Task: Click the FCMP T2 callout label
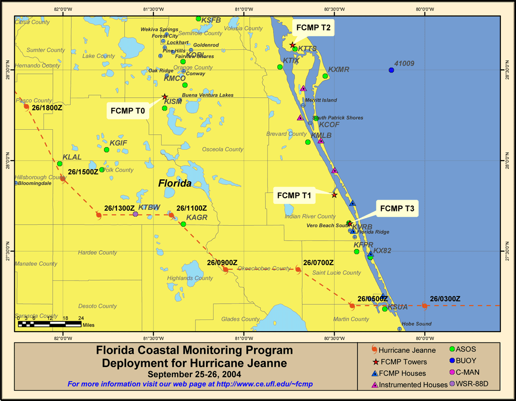coord(313,28)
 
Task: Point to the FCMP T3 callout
coord(397,209)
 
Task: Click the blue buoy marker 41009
coord(391,70)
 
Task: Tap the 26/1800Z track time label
coord(47,108)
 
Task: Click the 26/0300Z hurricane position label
coord(445,299)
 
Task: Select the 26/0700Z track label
coord(318,262)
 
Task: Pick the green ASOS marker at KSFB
coord(198,19)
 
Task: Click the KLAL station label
coord(72,157)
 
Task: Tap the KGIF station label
coord(118,142)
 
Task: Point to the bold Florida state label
coord(175,183)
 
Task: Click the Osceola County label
coord(223,149)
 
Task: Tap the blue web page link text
coord(190,384)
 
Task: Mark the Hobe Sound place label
coord(416,324)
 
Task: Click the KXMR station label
coord(339,69)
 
